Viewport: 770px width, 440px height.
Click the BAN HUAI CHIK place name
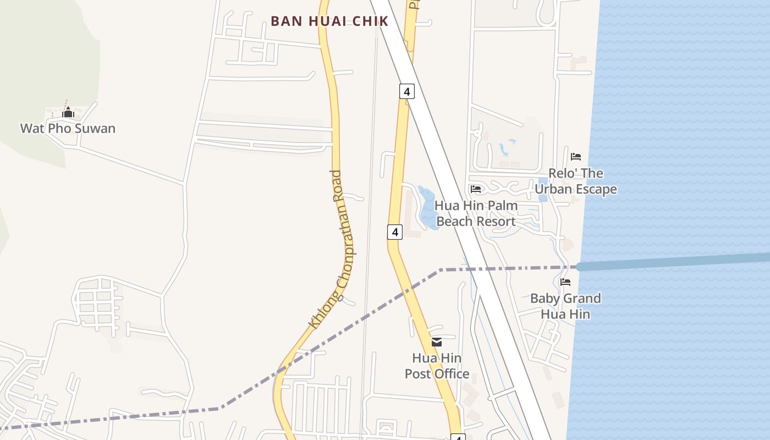329,21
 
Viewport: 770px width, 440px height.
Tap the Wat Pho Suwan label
68,129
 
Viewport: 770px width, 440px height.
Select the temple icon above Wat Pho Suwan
68,113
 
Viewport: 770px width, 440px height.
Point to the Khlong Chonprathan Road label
332,250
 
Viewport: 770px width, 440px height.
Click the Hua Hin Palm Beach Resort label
476,213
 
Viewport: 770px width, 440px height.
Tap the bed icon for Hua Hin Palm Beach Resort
476,189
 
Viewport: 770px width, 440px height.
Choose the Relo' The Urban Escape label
575,182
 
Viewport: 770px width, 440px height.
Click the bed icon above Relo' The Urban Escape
576,157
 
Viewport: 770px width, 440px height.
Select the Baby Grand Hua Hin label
565,306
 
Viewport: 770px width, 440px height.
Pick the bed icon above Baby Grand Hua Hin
565,283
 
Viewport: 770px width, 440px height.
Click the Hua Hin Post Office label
437,366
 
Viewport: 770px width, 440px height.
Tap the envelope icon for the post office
437,342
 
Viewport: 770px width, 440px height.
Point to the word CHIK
370,21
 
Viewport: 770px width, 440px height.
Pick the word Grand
583,299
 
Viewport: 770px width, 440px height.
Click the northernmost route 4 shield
406,91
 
